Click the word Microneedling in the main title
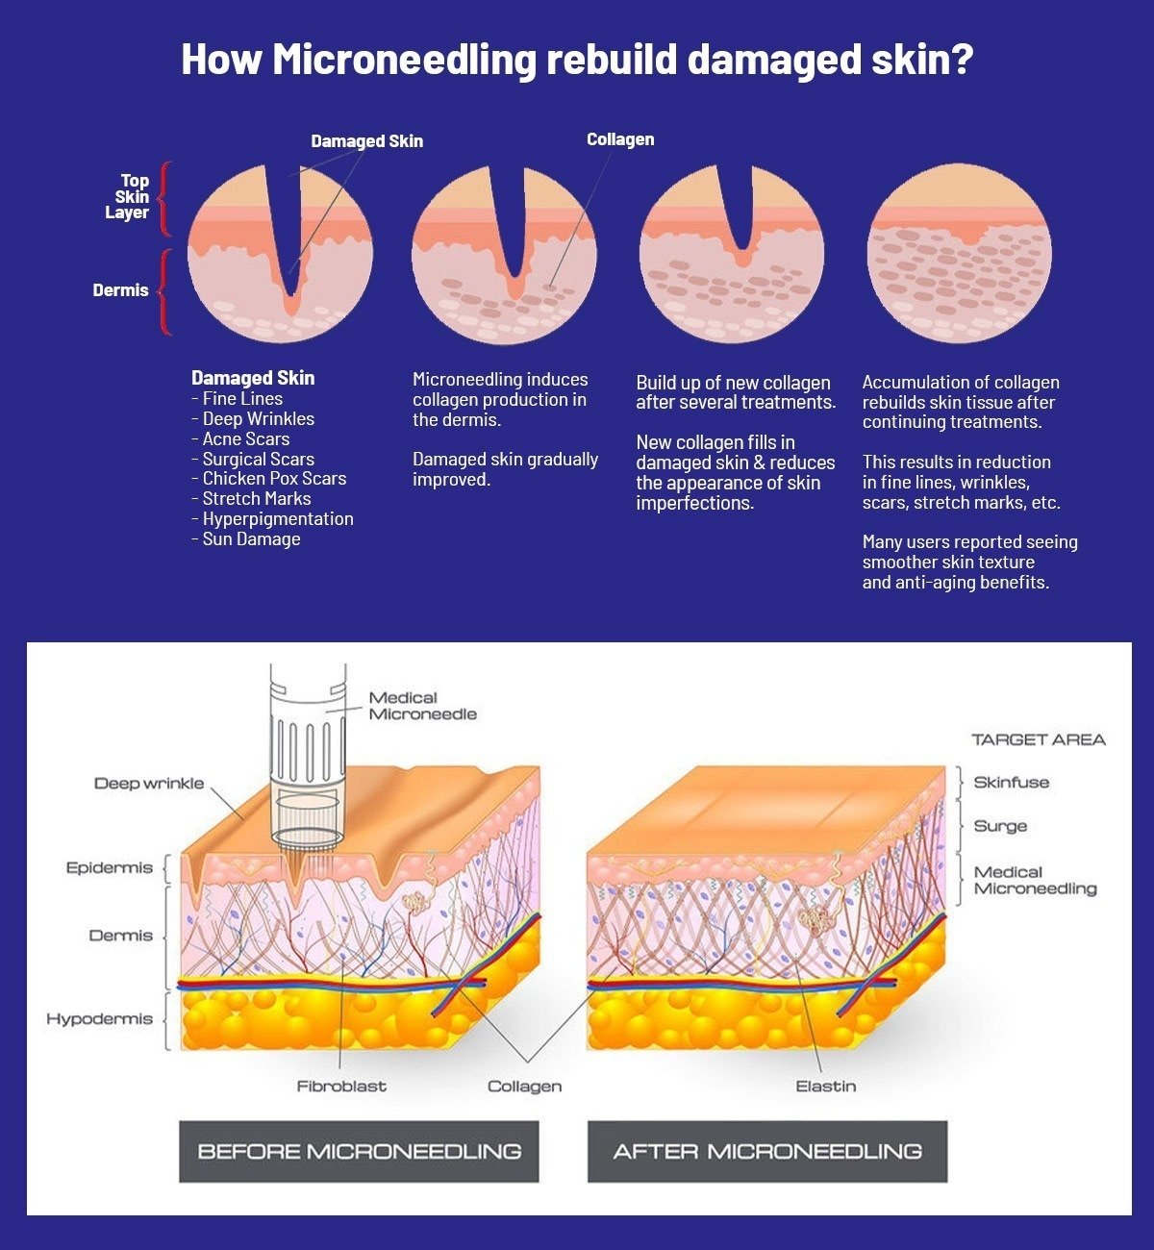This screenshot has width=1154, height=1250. coord(404,60)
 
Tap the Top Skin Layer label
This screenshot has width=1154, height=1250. coord(128,196)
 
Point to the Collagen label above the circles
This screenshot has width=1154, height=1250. coord(620,139)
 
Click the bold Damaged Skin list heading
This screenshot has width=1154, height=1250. coord(253,378)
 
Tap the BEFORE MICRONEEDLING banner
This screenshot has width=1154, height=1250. coord(359,1151)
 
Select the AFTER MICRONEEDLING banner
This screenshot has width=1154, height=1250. coord(766,1151)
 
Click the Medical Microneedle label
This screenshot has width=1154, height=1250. coord(422,706)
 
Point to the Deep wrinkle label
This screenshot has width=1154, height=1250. coord(149,784)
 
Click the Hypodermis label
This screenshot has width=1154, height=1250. coord(99,1019)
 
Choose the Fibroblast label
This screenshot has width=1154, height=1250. coord(341,1087)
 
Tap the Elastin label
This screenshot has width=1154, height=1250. coord(825,1087)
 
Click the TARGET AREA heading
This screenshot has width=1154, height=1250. coord(1038,739)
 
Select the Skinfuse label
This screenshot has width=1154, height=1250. coord(1011,783)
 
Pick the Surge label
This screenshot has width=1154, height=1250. coord(1000,826)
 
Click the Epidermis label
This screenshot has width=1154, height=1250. coord(110,868)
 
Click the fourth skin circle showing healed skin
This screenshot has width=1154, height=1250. coord(959,252)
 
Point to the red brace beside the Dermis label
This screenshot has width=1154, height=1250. coord(164,291)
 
